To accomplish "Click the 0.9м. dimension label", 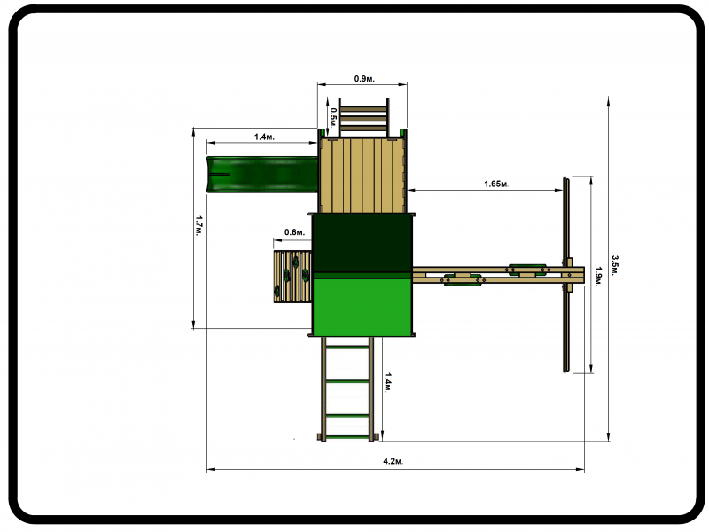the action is (x=364, y=79).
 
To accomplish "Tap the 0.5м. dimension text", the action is (x=333, y=118).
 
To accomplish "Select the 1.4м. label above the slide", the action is (x=264, y=137).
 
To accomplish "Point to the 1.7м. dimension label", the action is (x=199, y=226).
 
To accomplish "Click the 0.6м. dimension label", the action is (x=294, y=232).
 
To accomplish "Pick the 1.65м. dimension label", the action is (x=496, y=184).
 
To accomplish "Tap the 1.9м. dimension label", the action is (x=597, y=277).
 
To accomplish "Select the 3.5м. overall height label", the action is (x=615, y=264).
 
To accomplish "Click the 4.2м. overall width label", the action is (x=393, y=461).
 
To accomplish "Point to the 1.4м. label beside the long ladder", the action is (x=388, y=383).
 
